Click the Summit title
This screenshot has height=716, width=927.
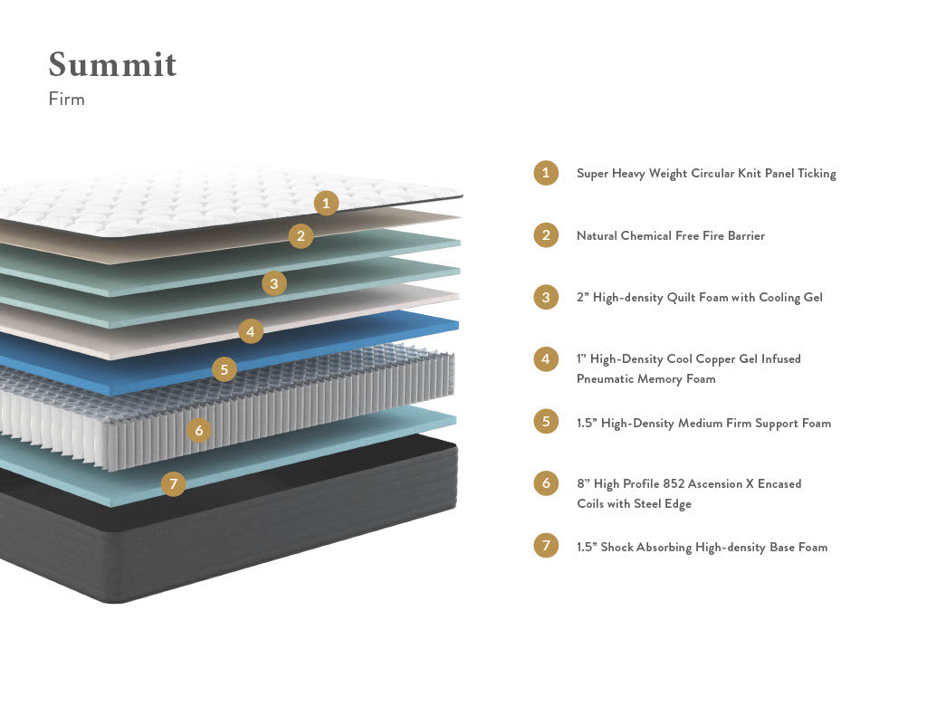point(112,65)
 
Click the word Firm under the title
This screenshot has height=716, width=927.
point(66,100)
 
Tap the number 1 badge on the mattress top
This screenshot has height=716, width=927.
point(327,203)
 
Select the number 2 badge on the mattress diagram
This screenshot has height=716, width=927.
point(301,236)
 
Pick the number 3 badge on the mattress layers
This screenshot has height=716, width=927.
point(274,283)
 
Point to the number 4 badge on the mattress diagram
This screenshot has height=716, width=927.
point(251,331)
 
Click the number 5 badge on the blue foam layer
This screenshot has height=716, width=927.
point(225,369)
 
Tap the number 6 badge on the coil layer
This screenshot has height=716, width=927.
point(199,430)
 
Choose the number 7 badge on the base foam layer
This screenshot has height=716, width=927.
point(173,484)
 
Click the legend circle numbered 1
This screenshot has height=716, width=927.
point(546,173)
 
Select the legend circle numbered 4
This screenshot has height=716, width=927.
point(546,359)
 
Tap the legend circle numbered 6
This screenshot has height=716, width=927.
point(546,483)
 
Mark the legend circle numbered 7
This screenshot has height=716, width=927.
point(546,546)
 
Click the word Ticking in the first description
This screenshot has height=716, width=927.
point(817,174)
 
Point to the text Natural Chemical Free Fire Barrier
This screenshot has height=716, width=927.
point(670,236)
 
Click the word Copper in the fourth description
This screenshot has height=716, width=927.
point(723,359)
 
